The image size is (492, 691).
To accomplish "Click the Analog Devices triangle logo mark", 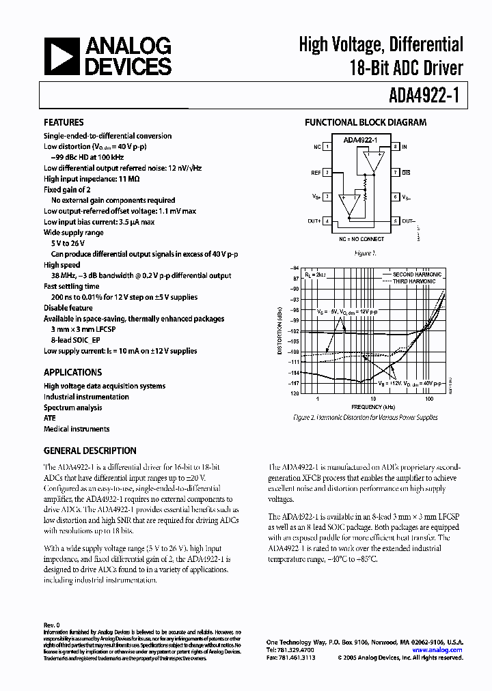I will pyautogui.click(x=59, y=56).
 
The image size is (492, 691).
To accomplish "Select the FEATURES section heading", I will pyautogui.click(x=64, y=122).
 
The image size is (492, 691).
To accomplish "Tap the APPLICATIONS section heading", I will pyautogui.click(x=72, y=372).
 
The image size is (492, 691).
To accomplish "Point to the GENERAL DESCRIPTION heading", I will pyautogui.click(x=90, y=451).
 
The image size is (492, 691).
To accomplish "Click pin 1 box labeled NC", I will pyautogui.click(x=328, y=147).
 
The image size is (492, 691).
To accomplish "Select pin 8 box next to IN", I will pyautogui.click(x=395, y=147).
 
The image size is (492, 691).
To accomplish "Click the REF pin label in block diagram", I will pyautogui.click(x=316, y=173).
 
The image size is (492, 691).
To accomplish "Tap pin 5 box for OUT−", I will pyautogui.click(x=395, y=221).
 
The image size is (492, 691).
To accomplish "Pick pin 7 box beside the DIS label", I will pyautogui.click(x=395, y=173).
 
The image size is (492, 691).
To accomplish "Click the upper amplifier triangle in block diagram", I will pyautogui.click(x=370, y=163).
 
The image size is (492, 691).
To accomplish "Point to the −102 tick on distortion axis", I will pyautogui.click(x=295, y=330).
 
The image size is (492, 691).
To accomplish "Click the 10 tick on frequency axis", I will pyautogui.click(x=373, y=398).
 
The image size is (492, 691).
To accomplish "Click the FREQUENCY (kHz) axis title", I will pyautogui.click(x=373, y=407).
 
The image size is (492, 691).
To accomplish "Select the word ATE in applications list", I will pyautogui.click(x=50, y=418).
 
